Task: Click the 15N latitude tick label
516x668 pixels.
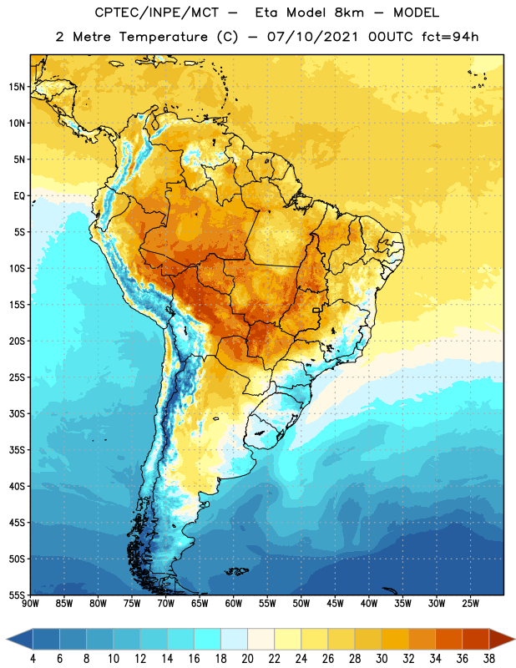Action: (x=17, y=87)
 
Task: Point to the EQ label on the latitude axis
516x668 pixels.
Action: (x=19, y=196)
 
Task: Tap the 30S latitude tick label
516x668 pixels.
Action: (x=17, y=413)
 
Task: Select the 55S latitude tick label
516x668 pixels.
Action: (x=17, y=595)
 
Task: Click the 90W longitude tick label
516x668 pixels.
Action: (x=30, y=604)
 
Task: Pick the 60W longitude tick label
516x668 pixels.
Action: (x=234, y=604)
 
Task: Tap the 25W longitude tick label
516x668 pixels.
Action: (x=470, y=604)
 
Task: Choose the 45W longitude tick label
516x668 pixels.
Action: (x=335, y=604)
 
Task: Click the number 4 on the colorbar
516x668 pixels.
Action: (x=33, y=659)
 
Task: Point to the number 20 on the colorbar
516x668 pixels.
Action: (x=247, y=659)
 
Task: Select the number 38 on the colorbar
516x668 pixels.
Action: (x=488, y=659)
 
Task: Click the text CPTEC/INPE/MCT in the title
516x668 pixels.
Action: (x=156, y=13)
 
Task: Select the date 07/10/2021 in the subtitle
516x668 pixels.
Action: (x=313, y=37)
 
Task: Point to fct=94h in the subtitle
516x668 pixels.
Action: (x=450, y=37)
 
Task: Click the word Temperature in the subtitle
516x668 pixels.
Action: (x=163, y=38)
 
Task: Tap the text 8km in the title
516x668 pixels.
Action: (x=349, y=13)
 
